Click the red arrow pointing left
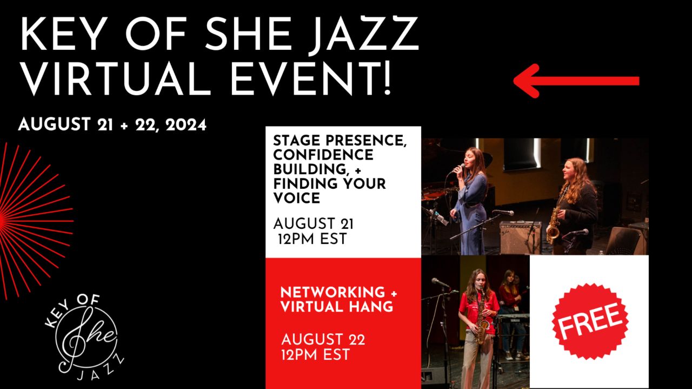click(576, 81)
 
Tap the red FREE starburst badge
click(590, 321)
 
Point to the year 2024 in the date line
click(186, 125)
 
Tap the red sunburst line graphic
click(34, 221)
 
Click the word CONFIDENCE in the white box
click(323, 155)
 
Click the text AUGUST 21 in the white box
click(313, 223)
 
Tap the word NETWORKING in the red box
click(332, 292)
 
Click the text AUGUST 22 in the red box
click(323, 339)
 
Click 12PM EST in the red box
click(316, 354)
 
